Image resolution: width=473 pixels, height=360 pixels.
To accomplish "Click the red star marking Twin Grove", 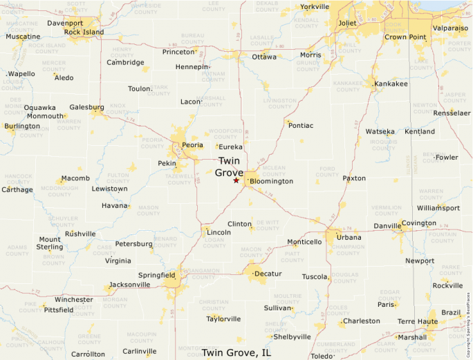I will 236,180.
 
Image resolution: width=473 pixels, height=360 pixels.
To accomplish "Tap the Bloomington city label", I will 272,181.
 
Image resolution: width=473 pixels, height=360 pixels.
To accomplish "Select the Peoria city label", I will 192,145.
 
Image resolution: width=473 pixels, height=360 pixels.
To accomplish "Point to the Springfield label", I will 156,275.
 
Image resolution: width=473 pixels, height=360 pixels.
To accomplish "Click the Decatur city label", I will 268,274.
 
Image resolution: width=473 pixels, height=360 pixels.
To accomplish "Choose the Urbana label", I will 349,237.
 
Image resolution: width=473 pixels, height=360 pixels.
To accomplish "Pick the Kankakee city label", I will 391,84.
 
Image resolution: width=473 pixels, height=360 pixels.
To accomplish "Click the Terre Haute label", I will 417,321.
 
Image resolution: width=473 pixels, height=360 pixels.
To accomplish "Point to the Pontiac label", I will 301,125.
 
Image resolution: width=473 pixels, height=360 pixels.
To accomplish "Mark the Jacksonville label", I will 129,284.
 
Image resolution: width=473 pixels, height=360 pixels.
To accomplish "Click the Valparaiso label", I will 450,28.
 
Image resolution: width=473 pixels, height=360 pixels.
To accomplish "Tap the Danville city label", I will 387,226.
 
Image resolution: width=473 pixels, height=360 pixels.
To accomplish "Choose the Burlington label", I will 22,126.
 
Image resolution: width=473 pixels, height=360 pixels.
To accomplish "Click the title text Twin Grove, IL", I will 236,352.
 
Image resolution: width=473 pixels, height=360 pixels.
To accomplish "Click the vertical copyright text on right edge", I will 468,325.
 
